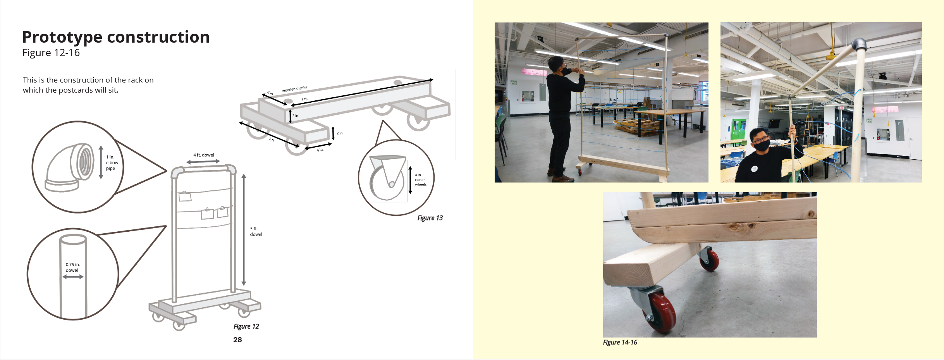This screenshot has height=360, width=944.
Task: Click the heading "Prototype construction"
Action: pyautogui.click(x=116, y=37)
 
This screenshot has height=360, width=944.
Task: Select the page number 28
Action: pyautogui.click(x=237, y=340)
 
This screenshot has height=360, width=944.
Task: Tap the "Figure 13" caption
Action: pyautogui.click(x=430, y=218)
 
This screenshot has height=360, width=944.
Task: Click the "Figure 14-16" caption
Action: pyautogui.click(x=620, y=343)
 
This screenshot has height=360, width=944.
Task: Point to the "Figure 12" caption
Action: pyautogui.click(x=246, y=327)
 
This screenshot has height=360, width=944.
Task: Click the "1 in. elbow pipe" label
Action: pyautogui.click(x=112, y=163)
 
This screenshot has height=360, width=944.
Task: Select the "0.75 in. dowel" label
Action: pyautogui.click(x=72, y=267)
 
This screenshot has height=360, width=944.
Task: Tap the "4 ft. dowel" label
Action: pyautogui.click(x=204, y=155)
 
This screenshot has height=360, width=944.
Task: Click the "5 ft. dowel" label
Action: pyautogui.click(x=256, y=231)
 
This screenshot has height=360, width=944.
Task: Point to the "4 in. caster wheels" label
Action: pyautogui.click(x=421, y=180)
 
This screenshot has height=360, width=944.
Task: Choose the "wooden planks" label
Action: pyautogui.click(x=294, y=89)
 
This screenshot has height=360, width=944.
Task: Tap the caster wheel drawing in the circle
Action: pyautogui.click(x=388, y=178)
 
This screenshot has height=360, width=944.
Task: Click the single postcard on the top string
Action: pyautogui.click(x=185, y=196)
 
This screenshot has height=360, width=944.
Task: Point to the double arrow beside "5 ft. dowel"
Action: pyautogui.click(x=244, y=230)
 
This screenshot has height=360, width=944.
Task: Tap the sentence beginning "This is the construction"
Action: pyautogui.click(x=88, y=85)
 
